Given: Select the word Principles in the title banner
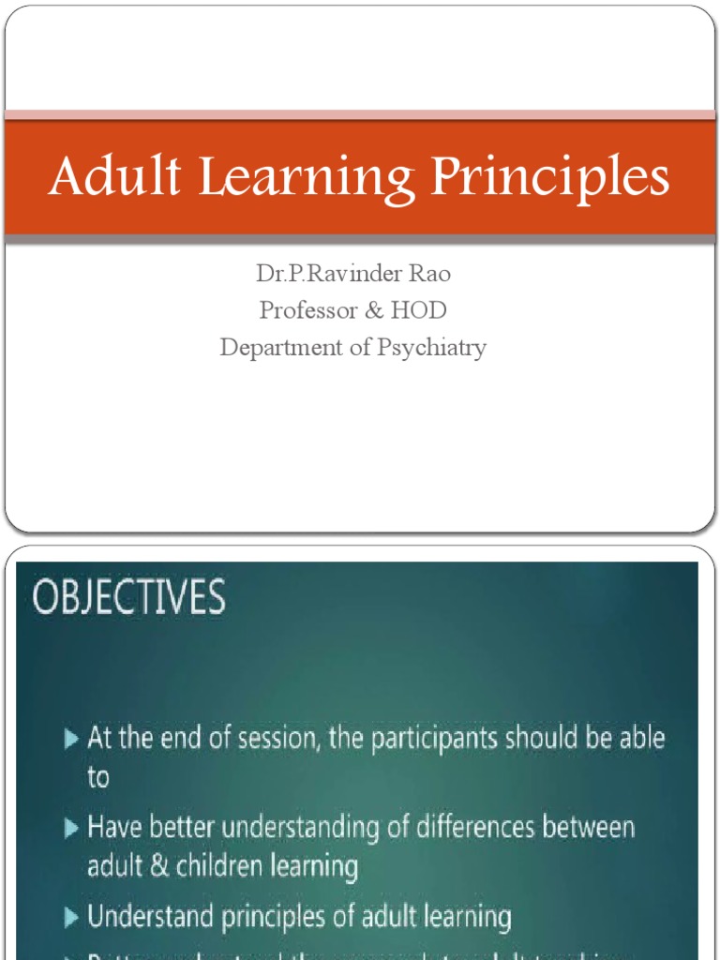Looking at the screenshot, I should pyautogui.click(x=550, y=178).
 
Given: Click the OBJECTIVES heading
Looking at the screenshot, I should pyautogui.click(x=129, y=598).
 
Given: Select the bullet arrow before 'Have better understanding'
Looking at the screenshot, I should pyautogui.click(x=72, y=829).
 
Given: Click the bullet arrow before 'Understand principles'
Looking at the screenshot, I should pyautogui.click(x=72, y=917).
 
